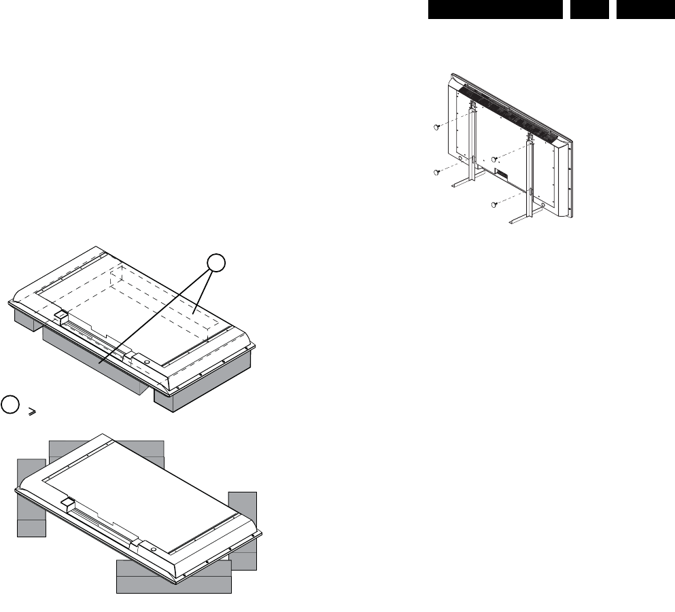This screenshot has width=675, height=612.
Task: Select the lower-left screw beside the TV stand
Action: click(x=435, y=173)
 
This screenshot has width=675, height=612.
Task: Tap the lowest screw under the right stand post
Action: click(x=496, y=203)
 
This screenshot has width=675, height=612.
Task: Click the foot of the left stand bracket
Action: click(x=466, y=182)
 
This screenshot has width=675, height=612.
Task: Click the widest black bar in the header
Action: click(x=495, y=9)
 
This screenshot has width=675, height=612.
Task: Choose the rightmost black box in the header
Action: click(x=645, y=9)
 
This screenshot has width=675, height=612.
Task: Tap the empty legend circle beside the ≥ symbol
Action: click(x=10, y=402)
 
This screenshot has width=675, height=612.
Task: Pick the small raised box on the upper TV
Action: click(x=59, y=316)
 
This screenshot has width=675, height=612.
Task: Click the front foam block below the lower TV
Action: click(x=173, y=577)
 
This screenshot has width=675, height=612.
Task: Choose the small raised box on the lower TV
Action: click(x=66, y=505)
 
